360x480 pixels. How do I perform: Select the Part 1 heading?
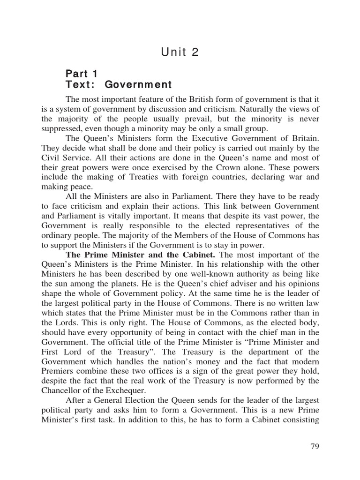pyautogui.click(x=82, y=74)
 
